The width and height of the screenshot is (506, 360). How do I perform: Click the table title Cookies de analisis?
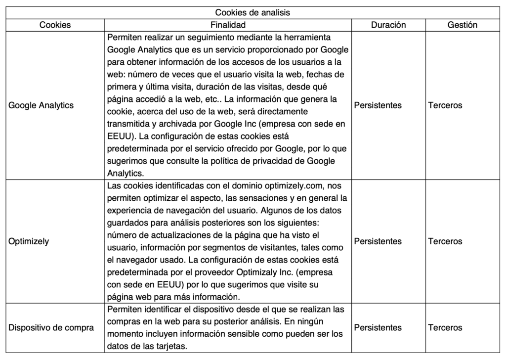253,13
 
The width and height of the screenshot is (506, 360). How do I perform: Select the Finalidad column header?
228,25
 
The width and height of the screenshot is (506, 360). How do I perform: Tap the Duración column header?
388,25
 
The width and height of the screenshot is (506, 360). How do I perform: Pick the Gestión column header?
462,25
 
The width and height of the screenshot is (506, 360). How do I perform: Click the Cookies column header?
55,25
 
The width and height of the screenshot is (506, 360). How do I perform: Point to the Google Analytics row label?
41,105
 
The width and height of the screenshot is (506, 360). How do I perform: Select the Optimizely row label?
29,241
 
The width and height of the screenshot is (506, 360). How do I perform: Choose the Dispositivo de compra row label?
51,328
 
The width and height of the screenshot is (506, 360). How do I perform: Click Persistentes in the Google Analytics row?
378,105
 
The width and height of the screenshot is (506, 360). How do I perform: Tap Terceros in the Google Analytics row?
445,105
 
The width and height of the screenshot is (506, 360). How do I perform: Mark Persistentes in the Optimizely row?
378,241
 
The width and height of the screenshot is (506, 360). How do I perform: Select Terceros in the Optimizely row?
445,241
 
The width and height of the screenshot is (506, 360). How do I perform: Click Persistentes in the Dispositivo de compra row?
378,328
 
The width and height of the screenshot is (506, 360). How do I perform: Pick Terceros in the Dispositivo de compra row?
445,328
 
